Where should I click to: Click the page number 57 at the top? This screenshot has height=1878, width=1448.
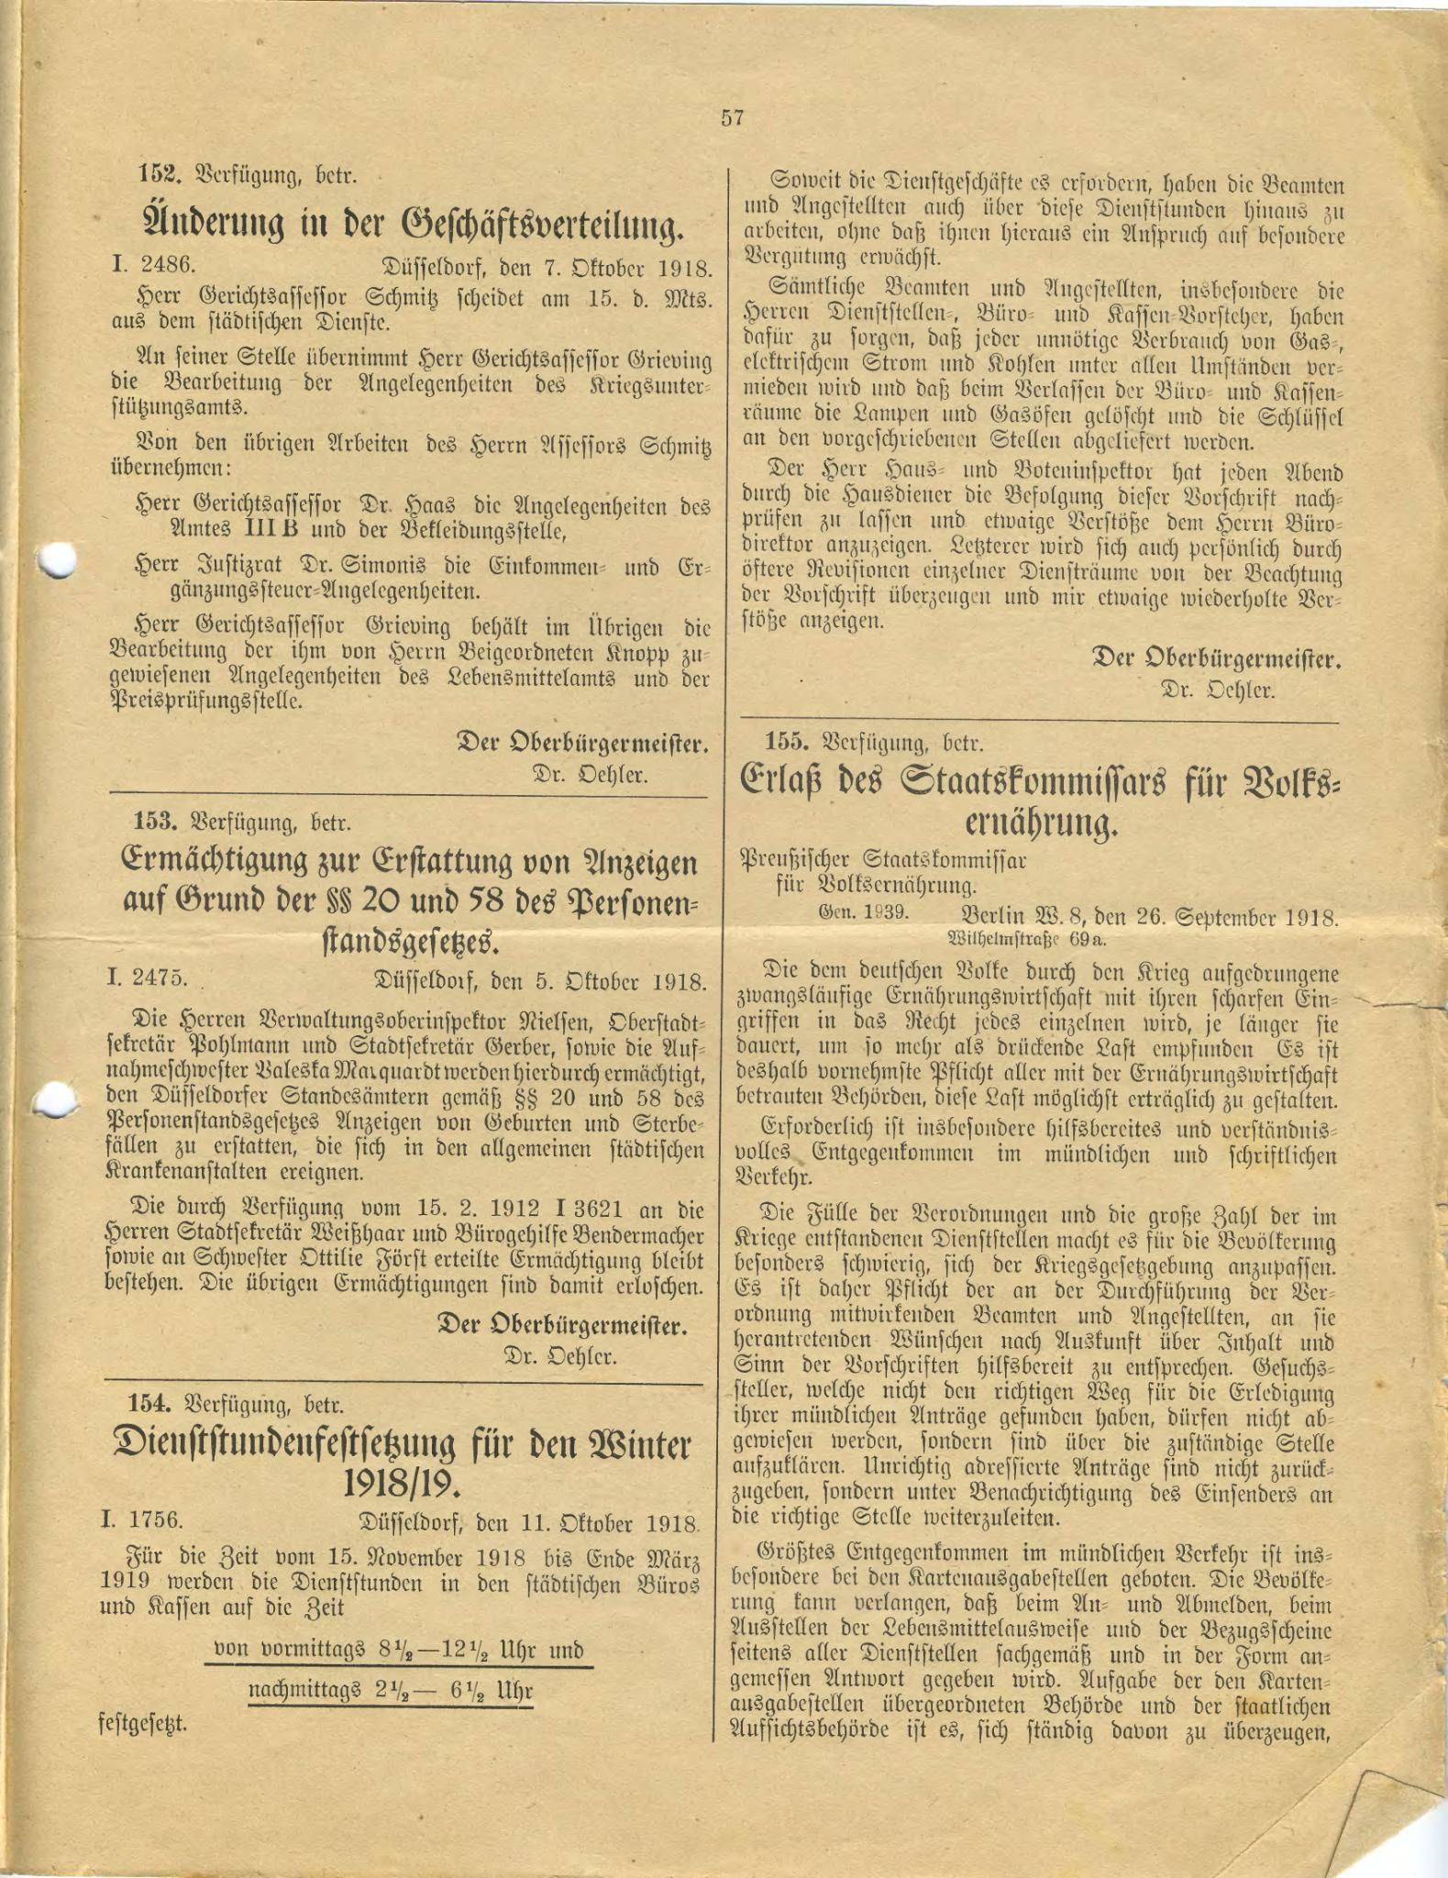(x=732, y=118)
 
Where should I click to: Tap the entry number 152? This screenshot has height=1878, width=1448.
(x=157, y=174)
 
